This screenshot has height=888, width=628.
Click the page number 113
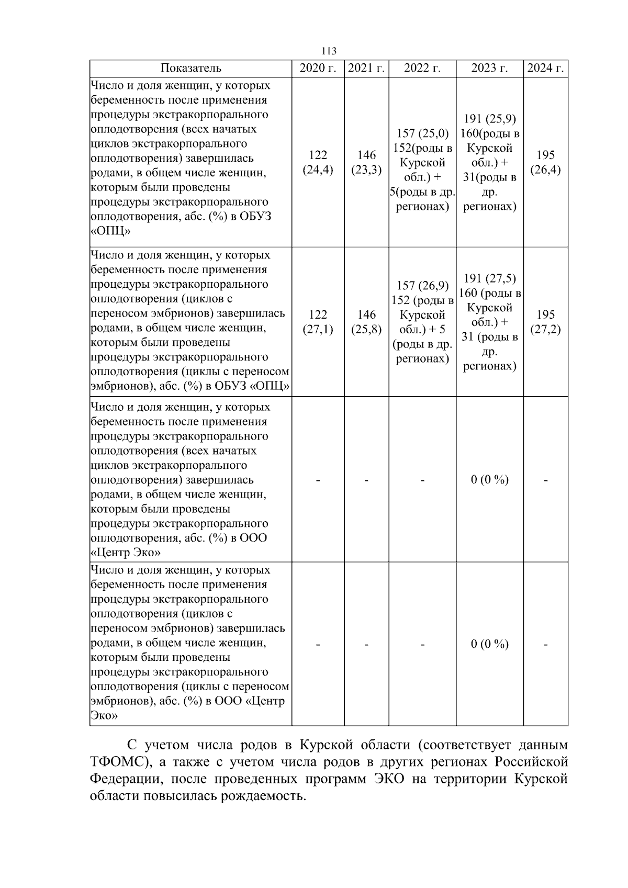click(329, 51)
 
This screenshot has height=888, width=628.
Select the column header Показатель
click(190, 69)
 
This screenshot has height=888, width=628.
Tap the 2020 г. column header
click(318, 69)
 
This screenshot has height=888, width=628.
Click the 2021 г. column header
click(366, 69)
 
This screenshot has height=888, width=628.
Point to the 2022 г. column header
click(422, 69)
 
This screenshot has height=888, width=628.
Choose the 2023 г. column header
click(489, 69)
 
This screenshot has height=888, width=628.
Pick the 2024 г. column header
click(545, 69)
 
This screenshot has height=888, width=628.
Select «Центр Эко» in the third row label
click(126, 553)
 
